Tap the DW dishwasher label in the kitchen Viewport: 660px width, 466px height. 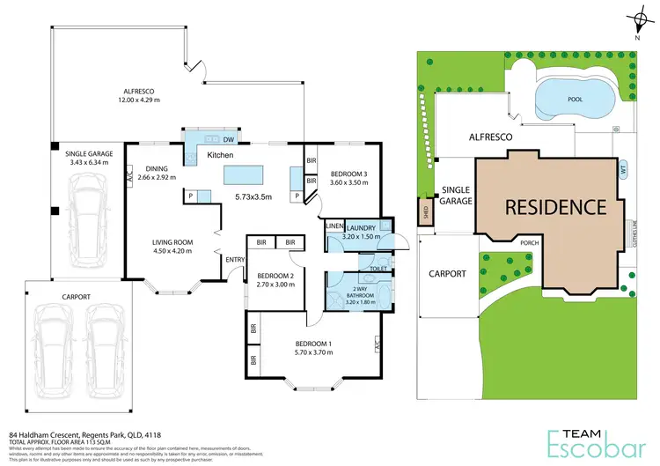point(228,140)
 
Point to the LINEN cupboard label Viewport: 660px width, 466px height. point(334,227)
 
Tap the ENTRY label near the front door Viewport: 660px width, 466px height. point(235,259)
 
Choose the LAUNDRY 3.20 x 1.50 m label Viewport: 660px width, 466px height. point(362,233)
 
